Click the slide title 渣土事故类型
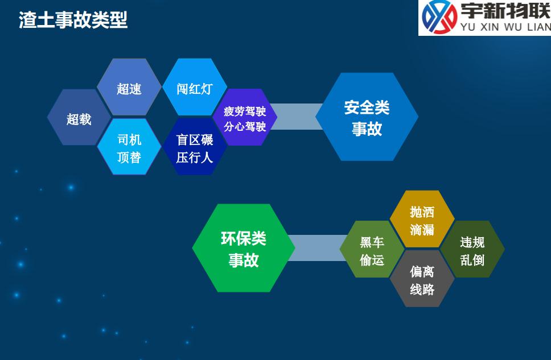[73, 20]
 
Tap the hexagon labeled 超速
[129, 87]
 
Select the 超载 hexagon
[79, 117]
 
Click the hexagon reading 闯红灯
[194, 87]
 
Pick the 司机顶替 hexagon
[129, 147]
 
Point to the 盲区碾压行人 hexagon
[194, 147]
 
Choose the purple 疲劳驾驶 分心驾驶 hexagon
[245, 117]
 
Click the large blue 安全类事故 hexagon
[367, 117]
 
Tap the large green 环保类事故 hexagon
[244, 248]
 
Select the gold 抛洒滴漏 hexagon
[422, 219]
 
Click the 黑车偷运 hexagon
[372, 249]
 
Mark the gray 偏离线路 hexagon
[422, 279]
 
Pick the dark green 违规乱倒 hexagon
[472, 249]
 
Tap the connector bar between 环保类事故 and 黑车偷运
[318, 248]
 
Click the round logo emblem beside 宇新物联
[439, 17]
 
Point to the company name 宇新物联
[505, 11]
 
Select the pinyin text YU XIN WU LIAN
[505, 27]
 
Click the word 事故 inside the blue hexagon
[367, 129]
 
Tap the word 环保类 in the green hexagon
[244, 238]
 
